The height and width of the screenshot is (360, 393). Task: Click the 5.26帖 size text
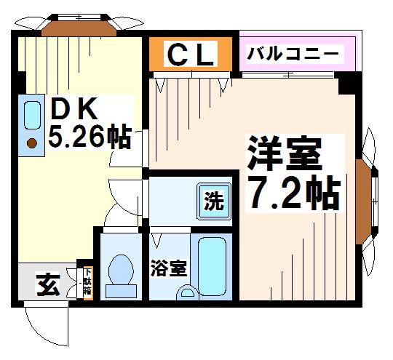tap(89, 136)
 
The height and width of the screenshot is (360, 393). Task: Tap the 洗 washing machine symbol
tap(214, 200)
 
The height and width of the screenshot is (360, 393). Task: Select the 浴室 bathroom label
tap(168, 268)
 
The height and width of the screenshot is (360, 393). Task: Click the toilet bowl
tap(119, 271)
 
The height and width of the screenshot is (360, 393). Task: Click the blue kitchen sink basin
tap(32, 114)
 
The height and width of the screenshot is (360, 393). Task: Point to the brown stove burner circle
tap(32, 143)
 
